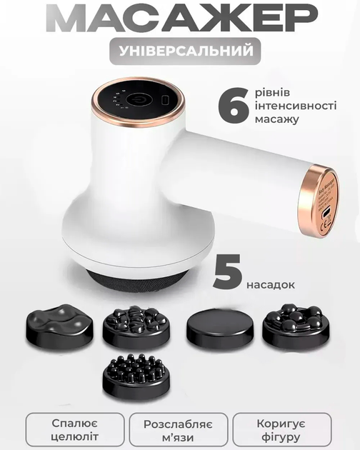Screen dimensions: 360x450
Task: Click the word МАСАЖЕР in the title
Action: (181, 18)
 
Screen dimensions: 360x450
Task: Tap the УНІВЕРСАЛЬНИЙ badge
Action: (185, 51)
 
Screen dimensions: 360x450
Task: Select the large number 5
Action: (227, 271)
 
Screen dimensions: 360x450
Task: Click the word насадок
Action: (271, 284)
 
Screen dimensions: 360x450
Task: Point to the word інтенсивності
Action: (296, 105)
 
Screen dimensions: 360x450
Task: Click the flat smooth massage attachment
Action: (220, 326)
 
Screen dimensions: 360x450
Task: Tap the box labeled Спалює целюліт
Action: (75, 429)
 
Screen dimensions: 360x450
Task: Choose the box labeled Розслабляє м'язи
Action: (179, 429)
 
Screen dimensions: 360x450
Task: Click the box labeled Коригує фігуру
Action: (282, 429)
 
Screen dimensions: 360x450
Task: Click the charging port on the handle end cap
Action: (325, 214)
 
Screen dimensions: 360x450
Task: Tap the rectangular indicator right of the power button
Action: (166, 101)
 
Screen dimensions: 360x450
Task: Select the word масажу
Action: (277, 119)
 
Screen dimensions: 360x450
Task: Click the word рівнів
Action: (272, 92)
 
